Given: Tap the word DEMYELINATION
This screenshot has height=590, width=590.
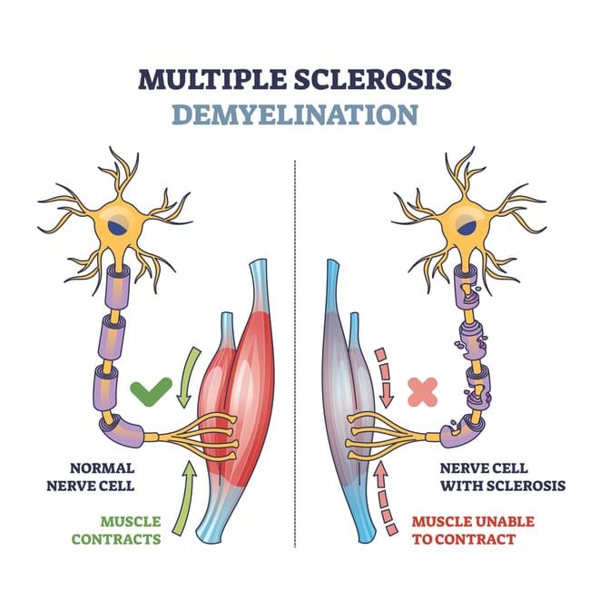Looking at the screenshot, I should (x=295, y=115).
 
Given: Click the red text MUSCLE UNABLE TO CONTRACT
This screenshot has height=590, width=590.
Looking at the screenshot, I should (x=463, y=530).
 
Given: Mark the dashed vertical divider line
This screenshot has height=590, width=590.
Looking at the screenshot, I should (x=296, y=363).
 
